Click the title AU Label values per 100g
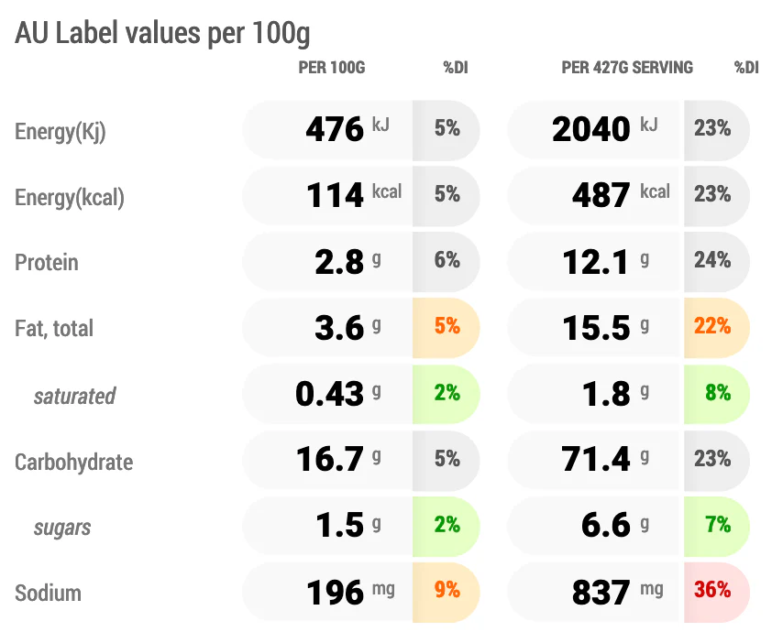pyautogui.click(x=162, y=34)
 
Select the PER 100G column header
pyautogui.click(x=332, y=68)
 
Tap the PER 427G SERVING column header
pyautogui.click(x=627, y=68)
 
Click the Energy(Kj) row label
pyautogui.click(x=61, y=132)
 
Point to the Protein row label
pyautogui.click(x=47, y=262)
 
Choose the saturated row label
pyautogui.click(x=75, y=396)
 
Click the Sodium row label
pyautogui.click(x=48, y=594)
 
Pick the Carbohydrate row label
pyautogui.click(x=74, y=463)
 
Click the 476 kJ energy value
pyautogui.click(x=347, y=129)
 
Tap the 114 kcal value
pyautogui.click(x=354, y=194)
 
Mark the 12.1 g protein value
pyautogui.click(x=606, y=262)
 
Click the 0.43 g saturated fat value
pyautogui.click(x=338, y=394)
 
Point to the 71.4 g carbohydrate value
pyautogui.click(x=605, y=459)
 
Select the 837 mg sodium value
pyautogui.click(x=618, y=592)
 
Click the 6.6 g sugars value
pyautogui.click(x=615, y=525)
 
